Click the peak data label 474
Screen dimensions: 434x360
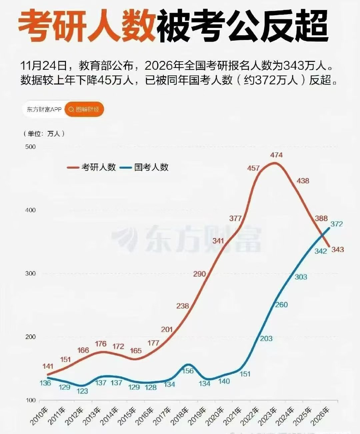pyautogui.click(x=276, y=155)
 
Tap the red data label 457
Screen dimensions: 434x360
pyautogui.click(x=253, y=168)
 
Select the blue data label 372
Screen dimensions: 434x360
pyautogui.click(x=336, y=224)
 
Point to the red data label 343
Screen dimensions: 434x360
pyautogui.click(x=337, y=249)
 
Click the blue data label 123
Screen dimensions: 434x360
pyautogui.click(x=82, y=391)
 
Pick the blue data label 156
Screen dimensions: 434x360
pyautogui.click(x=188, y=371)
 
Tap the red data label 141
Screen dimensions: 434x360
pyautogui.click(x=48, y=366)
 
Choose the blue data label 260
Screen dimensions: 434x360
pyautogui.click(x=281, y=305)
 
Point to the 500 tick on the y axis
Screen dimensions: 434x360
pyautogui.click(x=30, y=147)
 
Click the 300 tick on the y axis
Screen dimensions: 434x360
pyautogui.click(x=30, y=274)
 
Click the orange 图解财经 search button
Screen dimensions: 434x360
pyautogui.click(x=84, y=109)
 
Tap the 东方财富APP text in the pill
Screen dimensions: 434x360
pyautogui.click(x=44, y=109)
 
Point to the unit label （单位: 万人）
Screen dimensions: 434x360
pyautogui.click(x=44, y=134)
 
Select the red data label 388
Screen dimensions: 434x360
pyautogui.click(x=321, y=218)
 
